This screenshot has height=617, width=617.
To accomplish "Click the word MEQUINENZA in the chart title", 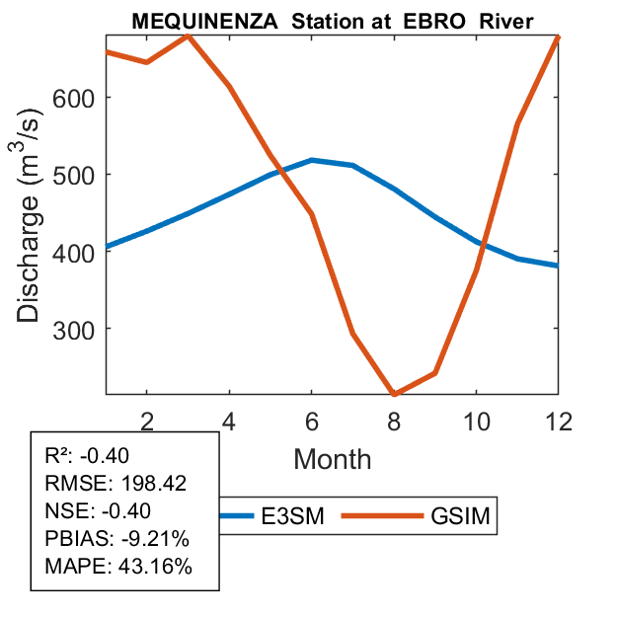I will click(186, 22).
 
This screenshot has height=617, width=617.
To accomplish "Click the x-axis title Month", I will click(333, 458).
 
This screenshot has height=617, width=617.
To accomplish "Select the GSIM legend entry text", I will click(460, 515).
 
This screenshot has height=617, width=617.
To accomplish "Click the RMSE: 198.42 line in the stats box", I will click(116, 484).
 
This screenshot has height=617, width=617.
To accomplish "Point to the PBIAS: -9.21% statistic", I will click(116, 539).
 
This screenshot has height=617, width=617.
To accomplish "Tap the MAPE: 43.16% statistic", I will click(118, 567).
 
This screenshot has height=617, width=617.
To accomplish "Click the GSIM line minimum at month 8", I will click(394, 394).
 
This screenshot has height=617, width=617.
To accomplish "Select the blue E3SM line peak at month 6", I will click(312, 160).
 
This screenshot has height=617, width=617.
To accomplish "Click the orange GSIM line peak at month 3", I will click(188, 36).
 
